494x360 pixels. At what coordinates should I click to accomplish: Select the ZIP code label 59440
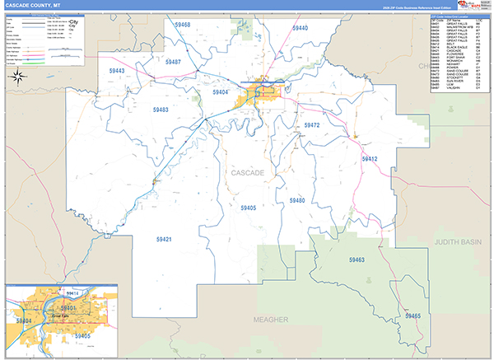[x=300, y=28]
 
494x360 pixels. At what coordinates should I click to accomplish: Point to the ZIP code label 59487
[x=173, y=62]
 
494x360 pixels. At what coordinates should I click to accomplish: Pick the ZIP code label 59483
[x=160, y=109]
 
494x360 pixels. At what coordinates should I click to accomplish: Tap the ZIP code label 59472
[x=311, y=125]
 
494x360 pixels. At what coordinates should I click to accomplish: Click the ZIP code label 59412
[x=369, y=158]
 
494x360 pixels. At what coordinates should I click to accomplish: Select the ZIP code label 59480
[x=296, y=201]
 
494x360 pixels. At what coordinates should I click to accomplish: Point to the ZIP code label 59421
[x=163, y=239]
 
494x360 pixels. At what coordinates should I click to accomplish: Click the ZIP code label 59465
[x=412, y=316]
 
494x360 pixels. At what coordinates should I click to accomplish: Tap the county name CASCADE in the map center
[x=248, y=173]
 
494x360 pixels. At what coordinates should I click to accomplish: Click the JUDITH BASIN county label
[x=464, y=243]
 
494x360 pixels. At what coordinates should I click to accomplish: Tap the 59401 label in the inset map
[x=68, y=308]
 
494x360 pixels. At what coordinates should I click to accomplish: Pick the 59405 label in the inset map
[x=82, y=336]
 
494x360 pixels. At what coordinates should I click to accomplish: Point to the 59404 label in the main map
[x=220, y=92]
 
